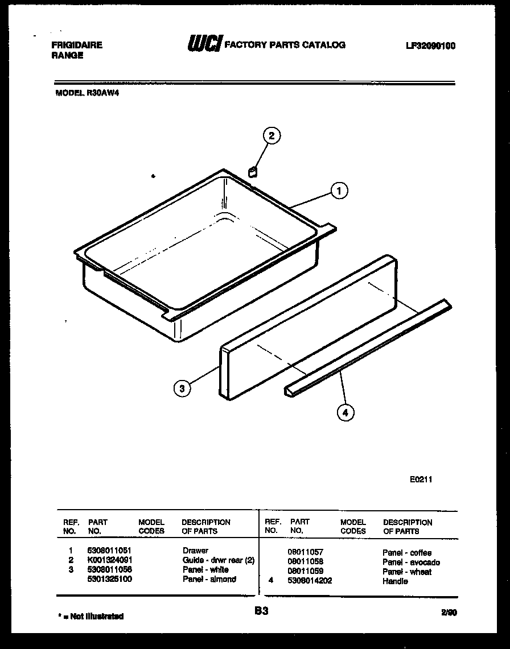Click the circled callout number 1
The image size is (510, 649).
(x=339, y=191)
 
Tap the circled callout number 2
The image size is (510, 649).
(x=272, y=135)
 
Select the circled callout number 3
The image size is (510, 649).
(x=182, y=389)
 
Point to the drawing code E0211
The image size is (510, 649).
(x=421, y=479)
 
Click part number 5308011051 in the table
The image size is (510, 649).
(x=110, y=551)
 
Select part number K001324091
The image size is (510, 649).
(x=110, y=560)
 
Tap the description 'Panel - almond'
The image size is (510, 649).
(x=209, y=579)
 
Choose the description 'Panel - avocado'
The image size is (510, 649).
(x=411, y=563)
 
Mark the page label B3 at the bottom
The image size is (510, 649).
(x=261, y=611)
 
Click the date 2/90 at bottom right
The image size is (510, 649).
(x=448, y=613)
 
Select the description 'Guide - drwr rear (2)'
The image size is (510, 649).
(x=219, y=560)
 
